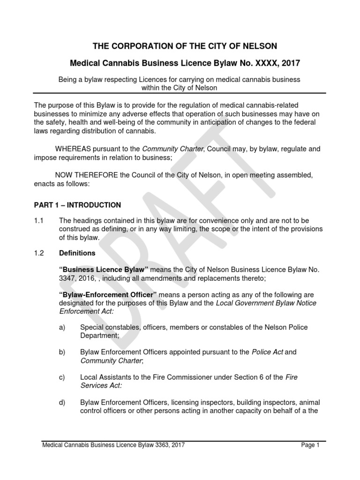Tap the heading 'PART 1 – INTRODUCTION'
[x=77, y=205]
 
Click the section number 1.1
[x=39, y=220]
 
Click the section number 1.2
[x=39, y=253]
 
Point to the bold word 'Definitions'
[x=77, y=253]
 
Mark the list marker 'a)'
[x=62, y=327]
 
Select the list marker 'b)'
[x=62, y=352]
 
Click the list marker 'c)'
[x=62, y=377]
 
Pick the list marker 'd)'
[x=62, y=402]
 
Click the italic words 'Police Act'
[x=267, y=352]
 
